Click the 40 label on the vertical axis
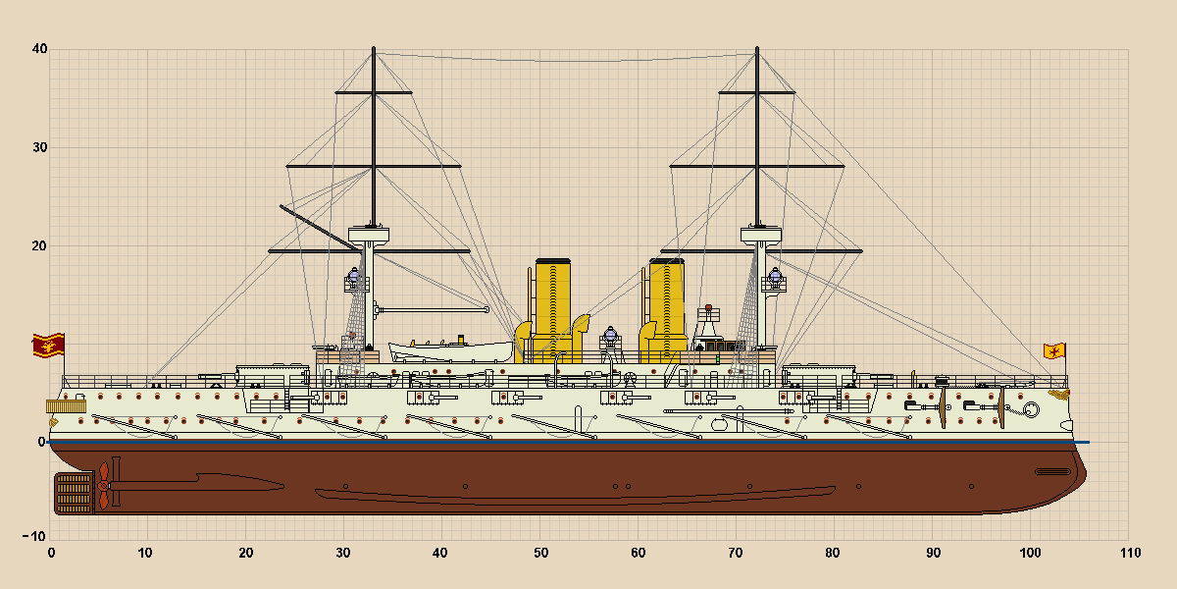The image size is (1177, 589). click(39, 49)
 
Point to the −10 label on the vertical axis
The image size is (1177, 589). click(34, 536)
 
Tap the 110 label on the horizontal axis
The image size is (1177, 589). click(1130, 553)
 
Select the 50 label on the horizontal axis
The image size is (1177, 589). click(540, 553)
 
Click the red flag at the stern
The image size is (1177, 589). click(48, 345)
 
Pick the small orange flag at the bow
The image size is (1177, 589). click(1054, 350)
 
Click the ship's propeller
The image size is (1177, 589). click(104, 485)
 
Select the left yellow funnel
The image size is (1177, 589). click(552, 310)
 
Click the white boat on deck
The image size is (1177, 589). click(451, 350)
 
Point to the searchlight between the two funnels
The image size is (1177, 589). click(610, 336)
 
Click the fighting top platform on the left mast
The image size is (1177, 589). click(369, 235)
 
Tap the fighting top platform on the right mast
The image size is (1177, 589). click(761, 235)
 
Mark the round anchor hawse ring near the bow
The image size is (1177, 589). click(1031, 409)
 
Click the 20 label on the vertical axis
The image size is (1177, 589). click(39, 245)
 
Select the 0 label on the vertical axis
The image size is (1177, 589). click(41, 442)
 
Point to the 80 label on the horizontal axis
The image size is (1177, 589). click(833, 553)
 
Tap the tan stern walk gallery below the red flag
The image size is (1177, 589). click(67, 406)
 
